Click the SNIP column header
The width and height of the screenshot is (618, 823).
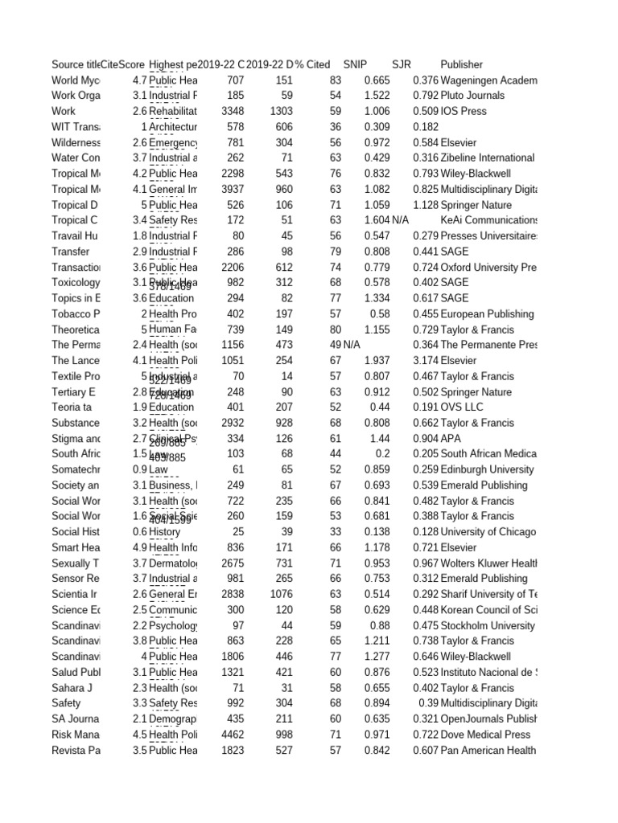pos(355,64)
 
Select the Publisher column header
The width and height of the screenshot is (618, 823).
pos(462,64)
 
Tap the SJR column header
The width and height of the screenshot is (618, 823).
pos(401,64)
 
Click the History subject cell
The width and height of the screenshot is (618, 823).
pos(165,532)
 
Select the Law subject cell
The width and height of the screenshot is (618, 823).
pos(159,469)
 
